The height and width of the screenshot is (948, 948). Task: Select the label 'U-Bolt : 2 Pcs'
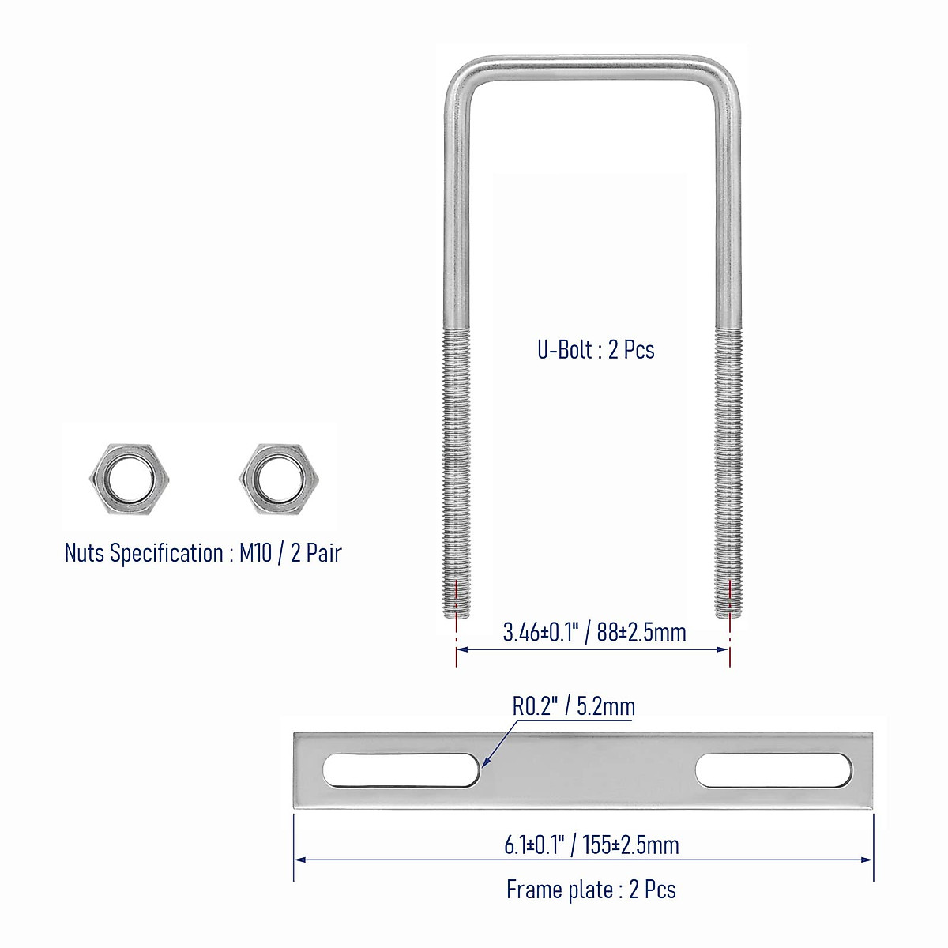click(x=596, y=349)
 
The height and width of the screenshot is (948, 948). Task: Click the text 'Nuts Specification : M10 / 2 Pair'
click(x=203, y=553)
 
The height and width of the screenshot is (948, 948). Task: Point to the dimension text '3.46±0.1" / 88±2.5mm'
click(x=594, y=632)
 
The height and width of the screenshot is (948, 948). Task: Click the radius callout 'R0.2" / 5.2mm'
click(x=574, y=705)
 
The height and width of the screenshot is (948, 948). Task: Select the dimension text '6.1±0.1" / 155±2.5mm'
click(x=592, y=845)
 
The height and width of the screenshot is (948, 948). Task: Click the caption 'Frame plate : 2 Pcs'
click(x=591, y=890)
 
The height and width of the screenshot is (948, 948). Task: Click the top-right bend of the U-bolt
click(x=725, y=75)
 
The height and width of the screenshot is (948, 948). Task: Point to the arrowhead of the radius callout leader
click(x=484, y=764)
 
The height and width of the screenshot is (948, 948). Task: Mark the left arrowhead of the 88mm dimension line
click(x=462, y=649)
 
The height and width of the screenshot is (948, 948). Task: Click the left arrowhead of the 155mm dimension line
click(x=299, y=860)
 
